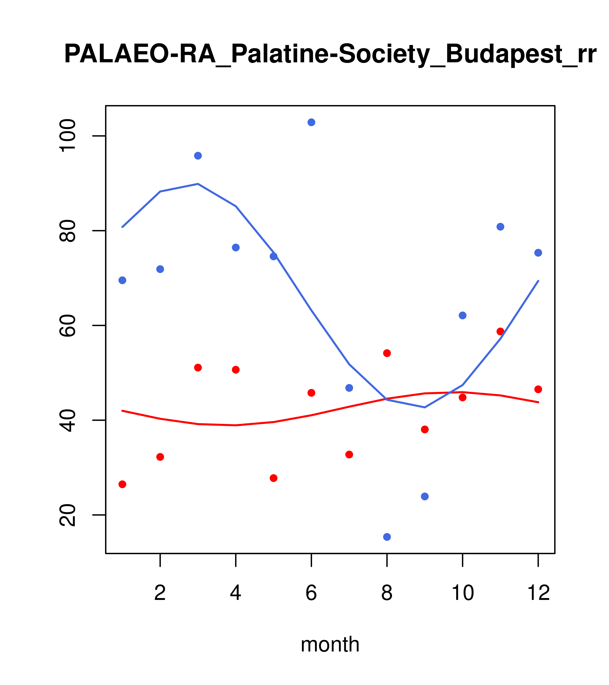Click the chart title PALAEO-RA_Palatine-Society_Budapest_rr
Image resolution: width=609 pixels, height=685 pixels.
coord(330,54)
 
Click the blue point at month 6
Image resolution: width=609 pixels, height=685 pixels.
coord(311,122)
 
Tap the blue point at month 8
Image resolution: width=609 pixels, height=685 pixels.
coord(387,537)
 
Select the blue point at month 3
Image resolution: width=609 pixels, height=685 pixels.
coord(198,156)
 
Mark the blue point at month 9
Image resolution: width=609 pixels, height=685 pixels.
coord(425,496)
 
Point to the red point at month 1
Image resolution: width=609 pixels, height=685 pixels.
coord(122,484)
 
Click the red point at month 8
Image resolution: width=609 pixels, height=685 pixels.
coord(387,353)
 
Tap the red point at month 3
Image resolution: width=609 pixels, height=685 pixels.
coord(198,368)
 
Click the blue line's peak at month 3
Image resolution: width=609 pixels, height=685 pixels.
coord(198,184)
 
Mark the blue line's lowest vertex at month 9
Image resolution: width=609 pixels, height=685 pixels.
coord(425,408)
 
